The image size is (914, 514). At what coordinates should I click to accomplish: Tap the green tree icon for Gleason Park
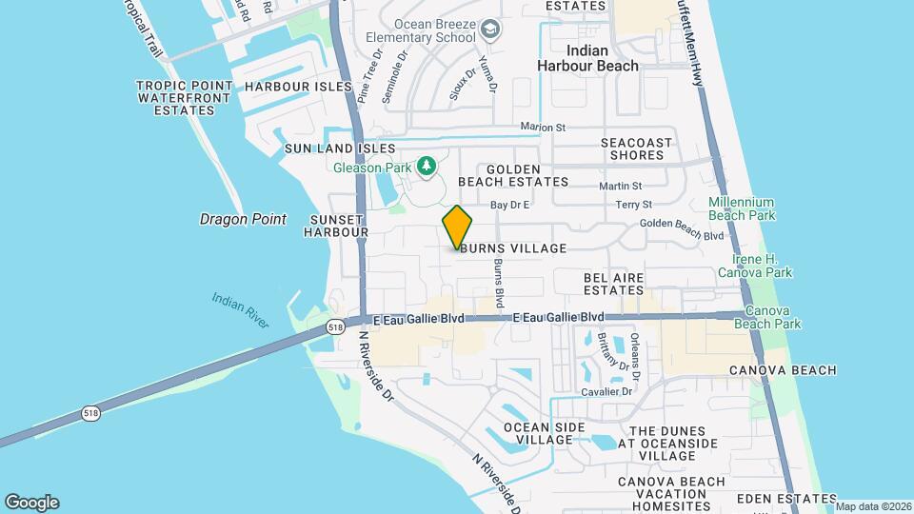click(427, 168)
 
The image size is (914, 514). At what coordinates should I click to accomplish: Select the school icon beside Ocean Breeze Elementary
click(489, 30)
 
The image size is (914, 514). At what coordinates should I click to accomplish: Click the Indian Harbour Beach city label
click(587, 58)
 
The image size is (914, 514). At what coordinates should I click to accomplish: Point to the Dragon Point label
click(243, 219)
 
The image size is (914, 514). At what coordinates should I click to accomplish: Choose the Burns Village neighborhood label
click(514, 248)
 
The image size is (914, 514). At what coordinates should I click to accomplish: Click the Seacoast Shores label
click(636, 148)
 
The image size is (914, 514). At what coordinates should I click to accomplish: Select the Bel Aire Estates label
click(614, 284)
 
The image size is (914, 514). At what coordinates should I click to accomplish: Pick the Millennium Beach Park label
click(741, 209)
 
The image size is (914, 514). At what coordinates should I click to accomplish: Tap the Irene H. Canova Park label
click(762, 266)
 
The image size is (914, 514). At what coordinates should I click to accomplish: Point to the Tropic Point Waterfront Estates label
click(184, 97)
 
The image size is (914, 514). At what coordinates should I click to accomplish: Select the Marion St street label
click(543, 127)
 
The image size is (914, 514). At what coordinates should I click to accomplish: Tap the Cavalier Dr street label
click(607, 391)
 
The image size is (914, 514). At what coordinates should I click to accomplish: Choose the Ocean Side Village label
click(538, 433)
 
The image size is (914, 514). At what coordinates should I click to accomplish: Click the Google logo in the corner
click(31, 503)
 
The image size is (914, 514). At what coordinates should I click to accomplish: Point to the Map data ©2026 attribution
click(873, 505)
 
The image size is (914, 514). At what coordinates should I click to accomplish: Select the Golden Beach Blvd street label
click(682, 223)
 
